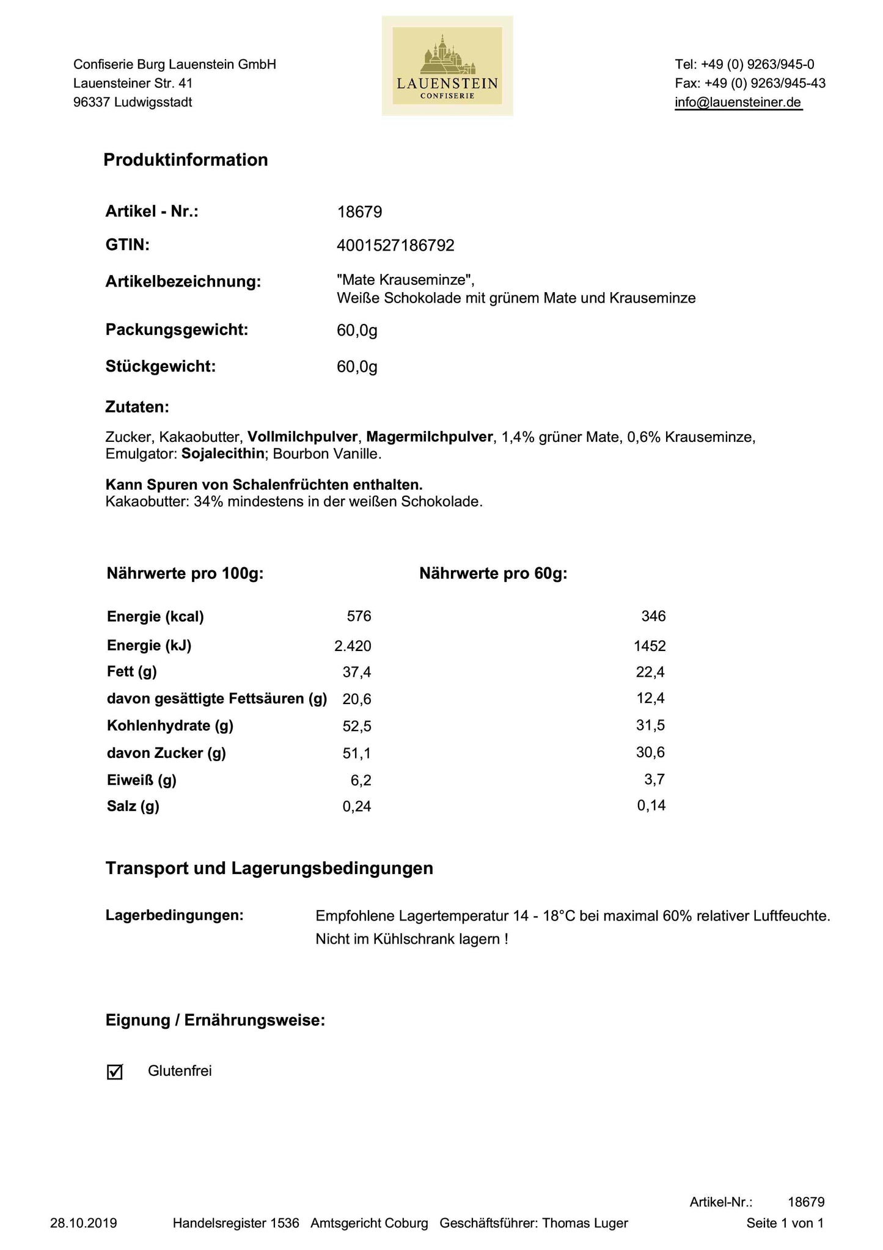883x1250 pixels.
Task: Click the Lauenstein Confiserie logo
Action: point(447,66)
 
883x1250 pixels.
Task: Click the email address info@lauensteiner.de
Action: point(738,103)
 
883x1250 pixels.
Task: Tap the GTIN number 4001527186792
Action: point(395,246)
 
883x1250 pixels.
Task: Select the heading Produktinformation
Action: point(186,160)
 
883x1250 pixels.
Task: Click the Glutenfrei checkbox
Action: point(114,1072)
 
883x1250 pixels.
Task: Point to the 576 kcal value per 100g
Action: point(359,616)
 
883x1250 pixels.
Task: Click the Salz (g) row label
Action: point(133,806)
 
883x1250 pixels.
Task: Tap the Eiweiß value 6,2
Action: point(359,781)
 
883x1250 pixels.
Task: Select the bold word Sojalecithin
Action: point(223,454)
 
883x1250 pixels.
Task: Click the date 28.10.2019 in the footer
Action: point(84,1223)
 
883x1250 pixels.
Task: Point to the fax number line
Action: point(750,83)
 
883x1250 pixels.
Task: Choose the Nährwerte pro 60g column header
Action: point(493,574)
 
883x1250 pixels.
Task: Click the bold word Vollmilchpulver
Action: point(302,437)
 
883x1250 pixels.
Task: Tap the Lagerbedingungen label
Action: point(175,916)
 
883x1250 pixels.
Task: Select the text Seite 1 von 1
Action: point(785,1223)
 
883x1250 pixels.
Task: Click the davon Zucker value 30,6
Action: point(650,752)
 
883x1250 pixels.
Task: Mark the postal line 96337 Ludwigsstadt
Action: point(133,103)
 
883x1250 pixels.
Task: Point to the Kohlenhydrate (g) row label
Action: point(170,726)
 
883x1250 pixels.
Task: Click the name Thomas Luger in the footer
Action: point(585,1223)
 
